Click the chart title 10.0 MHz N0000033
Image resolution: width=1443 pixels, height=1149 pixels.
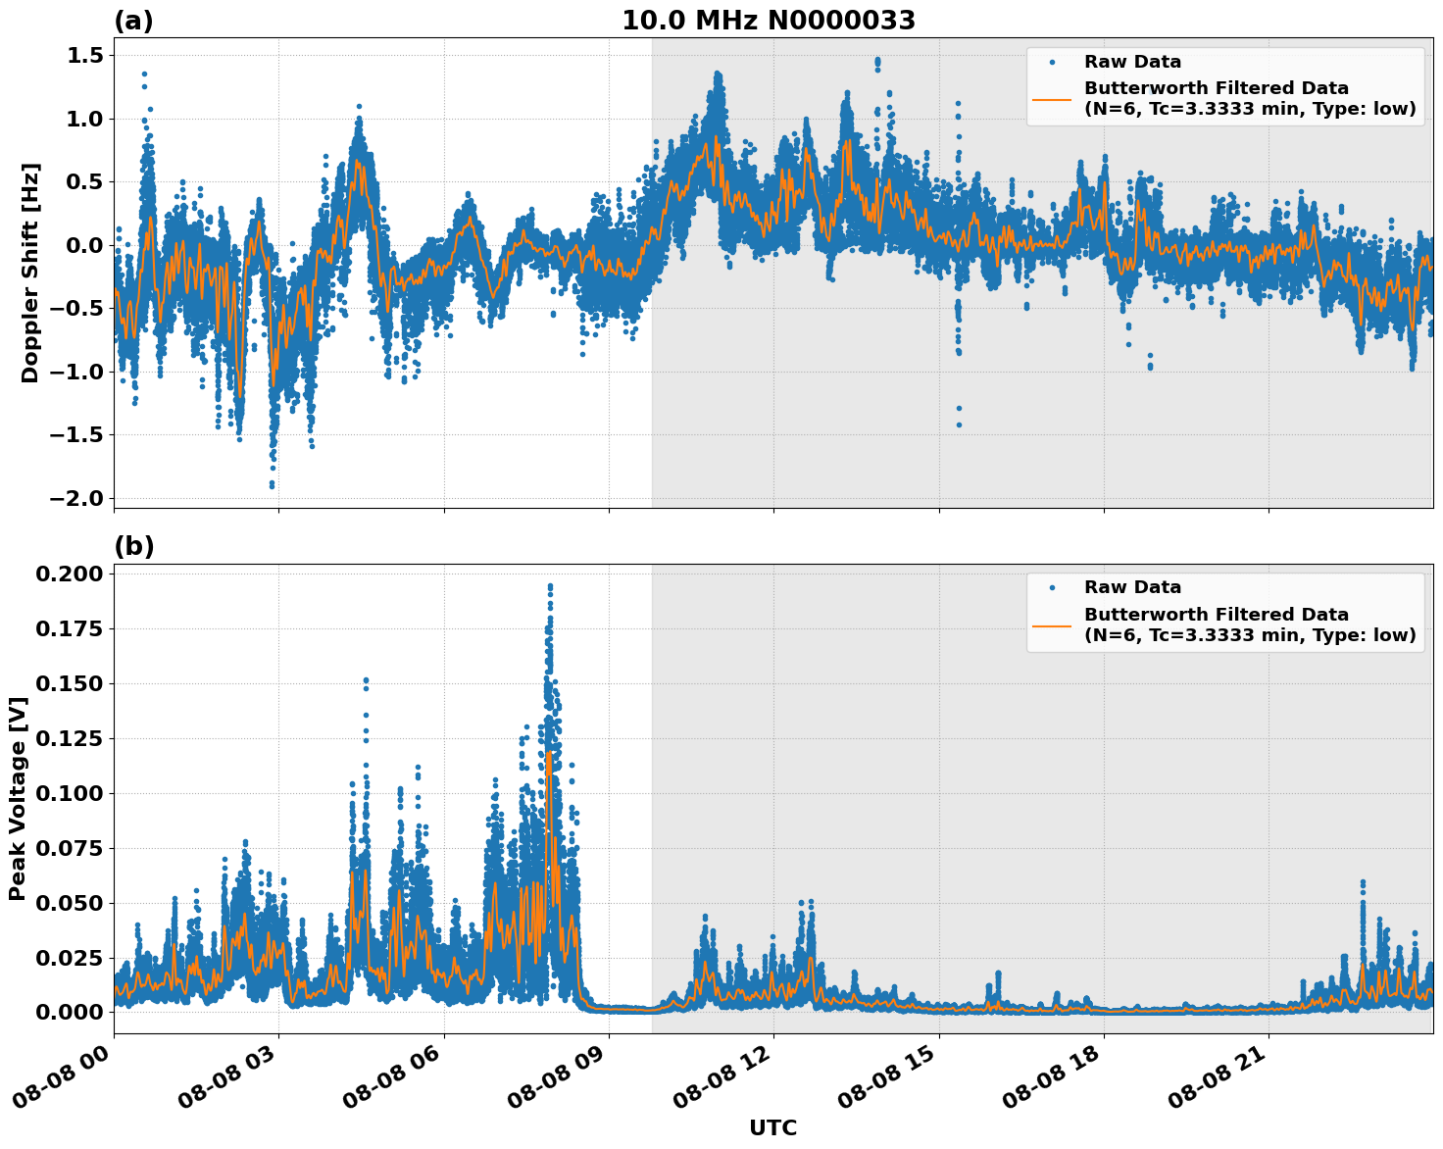coord(769,21)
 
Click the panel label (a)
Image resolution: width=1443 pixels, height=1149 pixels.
coord(133,21)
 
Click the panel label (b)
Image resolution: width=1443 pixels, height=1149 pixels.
coord(133,546)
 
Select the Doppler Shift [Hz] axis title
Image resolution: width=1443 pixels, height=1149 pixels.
coord(30,273)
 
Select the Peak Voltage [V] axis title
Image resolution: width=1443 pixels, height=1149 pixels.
coord(17,798)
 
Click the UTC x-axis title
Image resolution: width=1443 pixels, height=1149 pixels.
coord(772,1127)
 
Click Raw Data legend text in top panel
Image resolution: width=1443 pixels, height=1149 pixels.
coord(1132,62)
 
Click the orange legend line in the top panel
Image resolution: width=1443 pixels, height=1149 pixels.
coord(1051,99)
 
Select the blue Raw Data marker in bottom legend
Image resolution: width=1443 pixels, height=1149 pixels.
coord(1052,588)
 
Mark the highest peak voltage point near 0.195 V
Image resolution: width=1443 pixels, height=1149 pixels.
coord(550,586)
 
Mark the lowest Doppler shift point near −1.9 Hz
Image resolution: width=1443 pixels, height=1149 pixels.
coord(272,485)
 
